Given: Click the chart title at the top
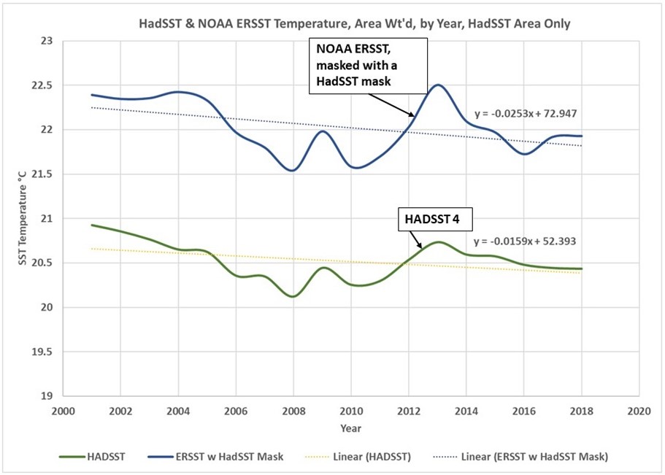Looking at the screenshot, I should (x=354, y=24).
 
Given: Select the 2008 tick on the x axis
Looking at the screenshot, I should (x=293, y=411).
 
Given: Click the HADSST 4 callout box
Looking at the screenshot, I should (x=429, y=217).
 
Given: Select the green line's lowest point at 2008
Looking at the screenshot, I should (x=293, y=296).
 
